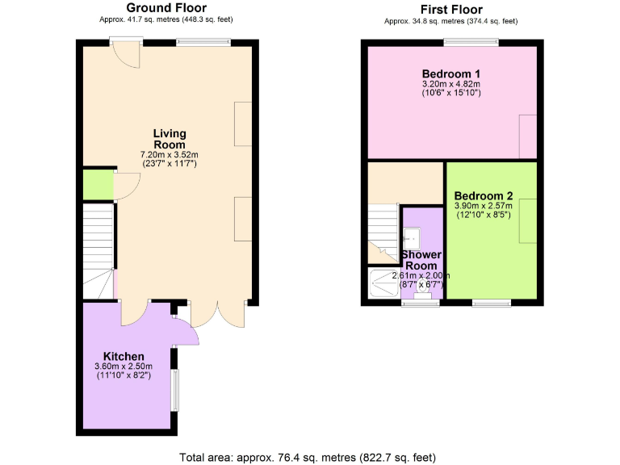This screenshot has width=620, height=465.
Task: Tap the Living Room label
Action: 170,139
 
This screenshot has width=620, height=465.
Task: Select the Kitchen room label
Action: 124,356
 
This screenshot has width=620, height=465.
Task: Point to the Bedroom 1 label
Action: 450,73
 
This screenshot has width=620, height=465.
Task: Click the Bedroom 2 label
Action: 484,195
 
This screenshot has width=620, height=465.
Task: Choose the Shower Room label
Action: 421,260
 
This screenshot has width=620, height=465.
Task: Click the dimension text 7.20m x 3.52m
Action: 170,154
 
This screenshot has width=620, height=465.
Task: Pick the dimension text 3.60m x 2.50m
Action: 124,367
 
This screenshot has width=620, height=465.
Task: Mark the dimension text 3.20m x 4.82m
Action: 450,83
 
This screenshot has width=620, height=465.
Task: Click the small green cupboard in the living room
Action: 98,185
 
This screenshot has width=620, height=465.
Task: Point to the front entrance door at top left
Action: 124,52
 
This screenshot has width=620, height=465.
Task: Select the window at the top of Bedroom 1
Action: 470,42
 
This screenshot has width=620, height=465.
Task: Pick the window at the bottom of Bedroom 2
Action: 491,303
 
